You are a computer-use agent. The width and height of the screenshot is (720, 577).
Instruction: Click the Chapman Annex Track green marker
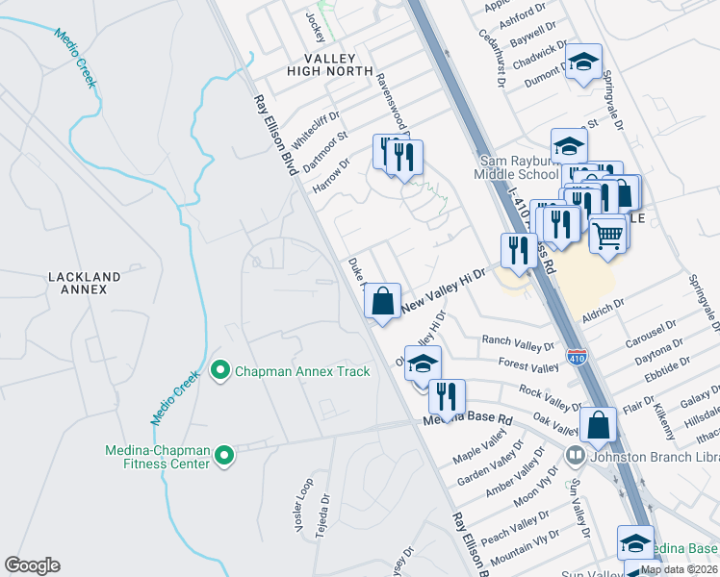[220, 370]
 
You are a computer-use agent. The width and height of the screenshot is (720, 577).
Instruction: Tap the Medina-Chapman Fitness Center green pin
[224, 455]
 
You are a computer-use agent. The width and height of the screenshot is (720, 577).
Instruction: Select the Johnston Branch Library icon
[575, 455]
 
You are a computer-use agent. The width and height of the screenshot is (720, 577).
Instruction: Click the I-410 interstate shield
[577, 357]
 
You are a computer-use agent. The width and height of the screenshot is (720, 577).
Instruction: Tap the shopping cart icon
[607, 234]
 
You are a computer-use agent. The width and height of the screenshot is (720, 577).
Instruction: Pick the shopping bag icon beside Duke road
[383, 301]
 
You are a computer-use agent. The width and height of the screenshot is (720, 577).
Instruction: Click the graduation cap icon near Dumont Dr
[582, 62]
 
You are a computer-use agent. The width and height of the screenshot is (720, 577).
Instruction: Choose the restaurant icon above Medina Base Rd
[447, 395]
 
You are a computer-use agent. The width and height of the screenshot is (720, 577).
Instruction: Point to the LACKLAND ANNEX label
[85, 283]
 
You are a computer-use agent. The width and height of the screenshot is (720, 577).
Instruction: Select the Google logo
[32, 565]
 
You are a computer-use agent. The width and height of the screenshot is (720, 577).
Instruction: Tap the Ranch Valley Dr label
[519, 343]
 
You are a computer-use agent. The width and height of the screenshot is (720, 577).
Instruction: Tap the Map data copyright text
[678, 569]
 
